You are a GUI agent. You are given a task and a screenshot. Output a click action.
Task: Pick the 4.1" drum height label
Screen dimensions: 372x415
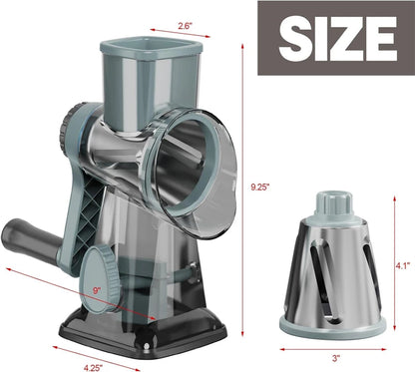(400, 266)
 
